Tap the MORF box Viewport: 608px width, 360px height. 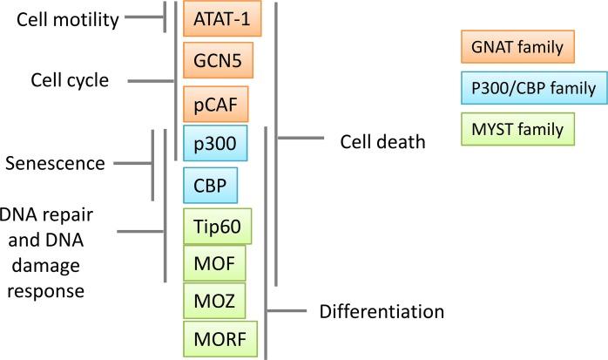[220, 338]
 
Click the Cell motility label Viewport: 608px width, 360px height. [67, 19]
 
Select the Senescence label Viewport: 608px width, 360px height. [56, 162]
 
